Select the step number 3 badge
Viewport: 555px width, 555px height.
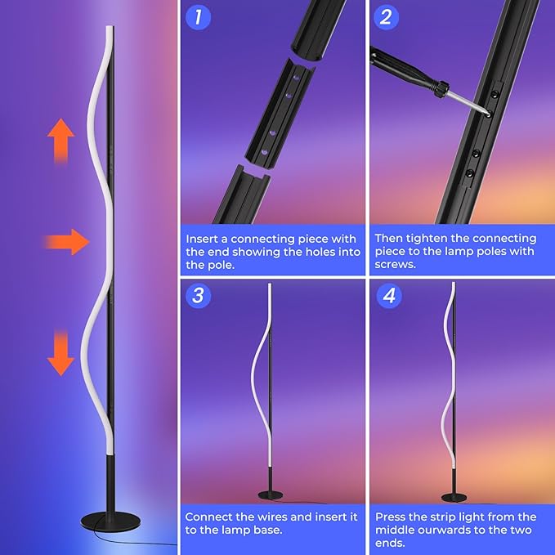197,294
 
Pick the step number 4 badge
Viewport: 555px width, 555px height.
387,294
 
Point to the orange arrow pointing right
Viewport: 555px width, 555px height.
68,242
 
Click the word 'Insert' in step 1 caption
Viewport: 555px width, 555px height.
203,239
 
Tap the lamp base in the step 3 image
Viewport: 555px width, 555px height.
271,495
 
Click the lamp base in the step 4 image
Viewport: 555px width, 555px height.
454,497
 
